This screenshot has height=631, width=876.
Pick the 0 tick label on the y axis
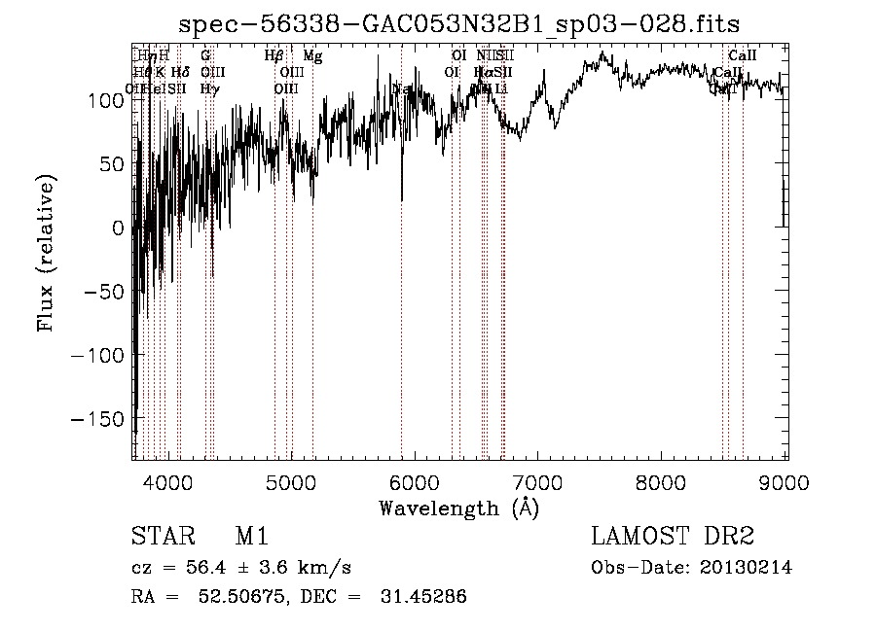point(119,228)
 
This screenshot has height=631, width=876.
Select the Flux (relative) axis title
point(46,253)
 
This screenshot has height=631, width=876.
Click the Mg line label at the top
point(312,56)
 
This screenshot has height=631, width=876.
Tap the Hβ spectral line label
point(274,56)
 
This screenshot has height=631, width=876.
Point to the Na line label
point(400,88)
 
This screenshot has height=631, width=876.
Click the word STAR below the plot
point(162,537)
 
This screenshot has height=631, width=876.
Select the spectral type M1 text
point(251,537)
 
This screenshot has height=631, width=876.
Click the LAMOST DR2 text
point(673,537)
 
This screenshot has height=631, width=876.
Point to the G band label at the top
point(205,56)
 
